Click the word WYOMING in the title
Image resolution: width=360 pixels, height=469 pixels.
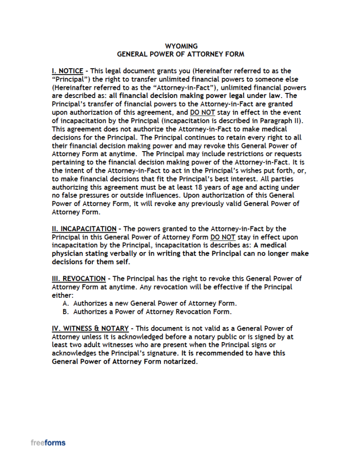coord(181,46)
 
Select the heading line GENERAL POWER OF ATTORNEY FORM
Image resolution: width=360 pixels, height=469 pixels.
coord(180,54)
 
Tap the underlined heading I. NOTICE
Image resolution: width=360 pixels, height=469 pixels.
coord(67,71)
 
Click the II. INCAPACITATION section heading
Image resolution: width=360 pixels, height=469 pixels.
coord(84,229)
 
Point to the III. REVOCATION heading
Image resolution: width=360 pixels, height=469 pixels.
coord(78,278)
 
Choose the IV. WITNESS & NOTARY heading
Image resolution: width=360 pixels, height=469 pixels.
coord(91,328)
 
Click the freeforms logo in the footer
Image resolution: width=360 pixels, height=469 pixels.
coord(48,443)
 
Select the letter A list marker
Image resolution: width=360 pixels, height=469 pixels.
coord(65,303)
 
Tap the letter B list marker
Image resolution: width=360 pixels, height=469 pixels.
coord(65,312)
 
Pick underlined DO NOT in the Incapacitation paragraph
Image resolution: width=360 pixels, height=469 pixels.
coord(223,237)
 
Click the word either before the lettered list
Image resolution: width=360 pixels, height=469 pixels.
coord(60,295)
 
